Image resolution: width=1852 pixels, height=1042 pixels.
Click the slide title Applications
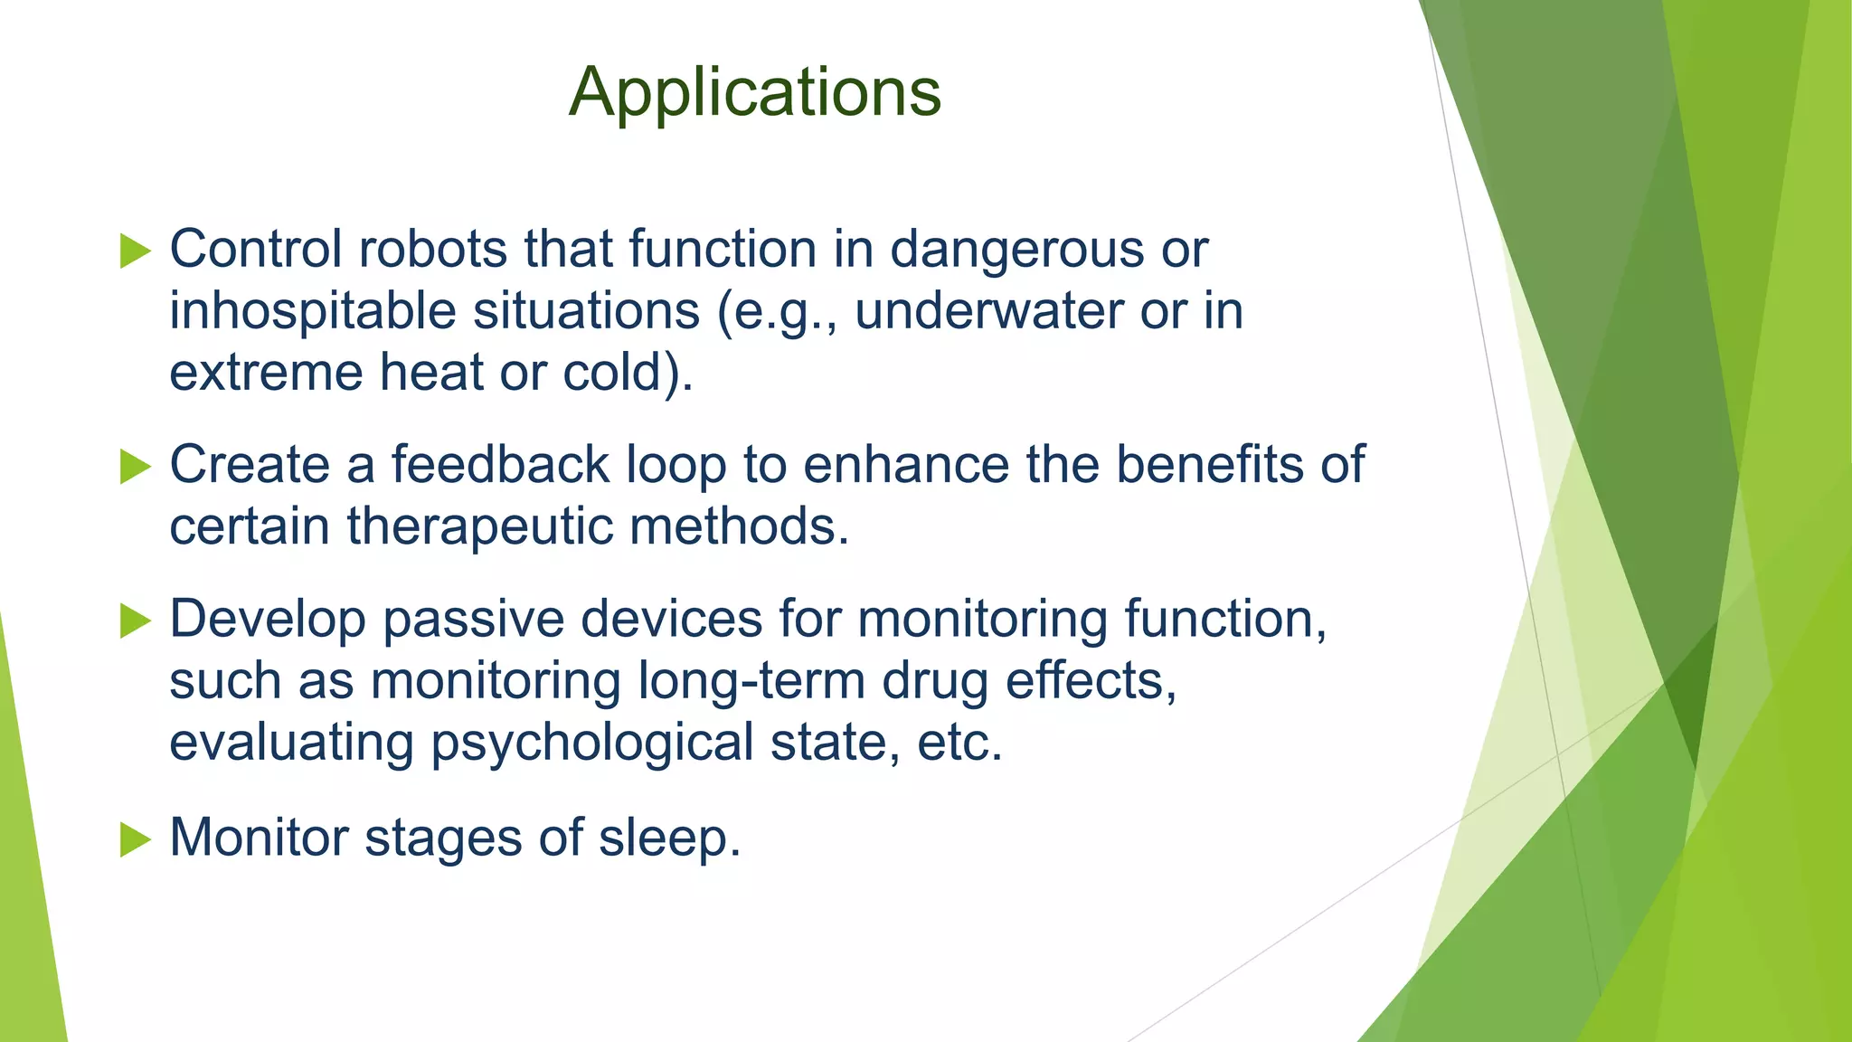(755, 92)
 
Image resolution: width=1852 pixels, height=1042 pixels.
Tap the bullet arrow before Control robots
(135, 251)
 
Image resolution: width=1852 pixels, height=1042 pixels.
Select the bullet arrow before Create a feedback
(135, 467)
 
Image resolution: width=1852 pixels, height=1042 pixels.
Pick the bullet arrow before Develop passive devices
(135, 620)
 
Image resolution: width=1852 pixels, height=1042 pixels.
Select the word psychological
(592, 744)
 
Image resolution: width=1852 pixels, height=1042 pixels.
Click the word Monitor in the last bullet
(259, 837)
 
